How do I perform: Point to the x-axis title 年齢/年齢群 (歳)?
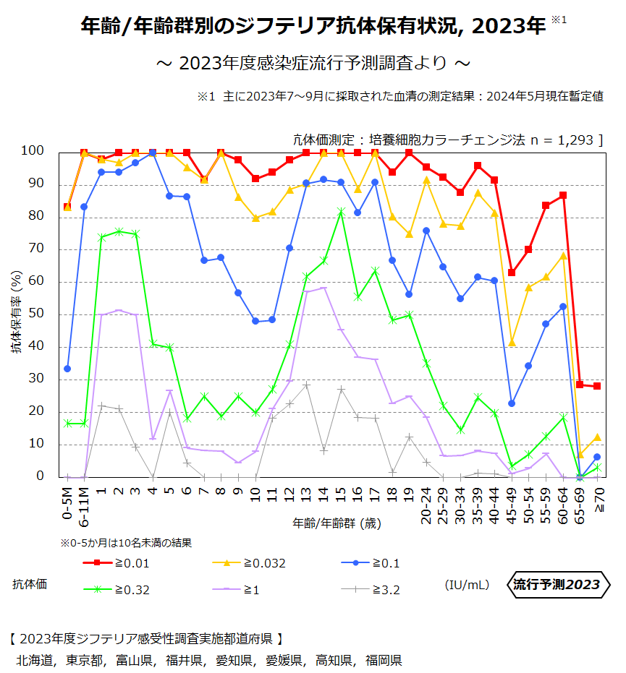point(337,523)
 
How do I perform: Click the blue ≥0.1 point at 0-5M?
point(67,369)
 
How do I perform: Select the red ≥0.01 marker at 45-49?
point(512,273)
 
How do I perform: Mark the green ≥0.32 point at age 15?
point(340,212)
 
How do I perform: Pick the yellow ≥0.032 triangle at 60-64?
point(563,255)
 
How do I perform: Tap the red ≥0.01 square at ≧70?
point(597,386)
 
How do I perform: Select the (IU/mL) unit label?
point(467,584)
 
